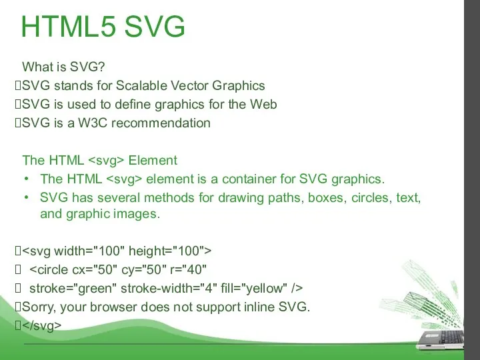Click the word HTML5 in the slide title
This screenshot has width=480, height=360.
(x=69, y=27)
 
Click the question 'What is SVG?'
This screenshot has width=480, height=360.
(x=64, y=67)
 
